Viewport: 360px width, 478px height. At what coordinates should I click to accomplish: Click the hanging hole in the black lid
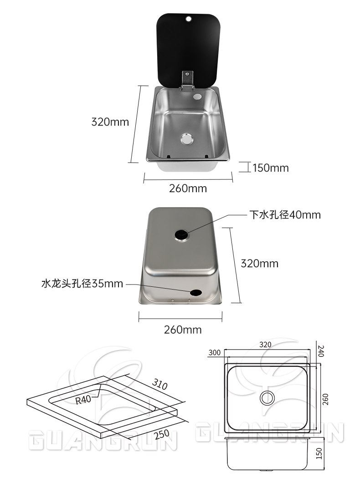[x=188, y=19]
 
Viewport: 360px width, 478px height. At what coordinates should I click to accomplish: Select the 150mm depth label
[x=271, y=168]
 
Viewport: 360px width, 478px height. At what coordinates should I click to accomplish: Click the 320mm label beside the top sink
[x=110, y=122]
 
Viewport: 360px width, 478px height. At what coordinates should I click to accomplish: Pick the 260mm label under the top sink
[x=188, y=188]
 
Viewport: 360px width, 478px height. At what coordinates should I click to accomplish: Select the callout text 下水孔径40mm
[x=284, y=214]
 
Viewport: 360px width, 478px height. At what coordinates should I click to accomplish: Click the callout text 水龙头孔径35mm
[x=82, y=284]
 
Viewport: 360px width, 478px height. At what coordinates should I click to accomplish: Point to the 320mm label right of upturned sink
[x=259, y=264]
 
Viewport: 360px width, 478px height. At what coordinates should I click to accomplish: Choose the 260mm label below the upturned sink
[x=182, y=330]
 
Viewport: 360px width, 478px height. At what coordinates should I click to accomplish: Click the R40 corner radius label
[x=83, y=400]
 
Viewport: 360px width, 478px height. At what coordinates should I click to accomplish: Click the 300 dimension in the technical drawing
[x=215, y=352]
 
